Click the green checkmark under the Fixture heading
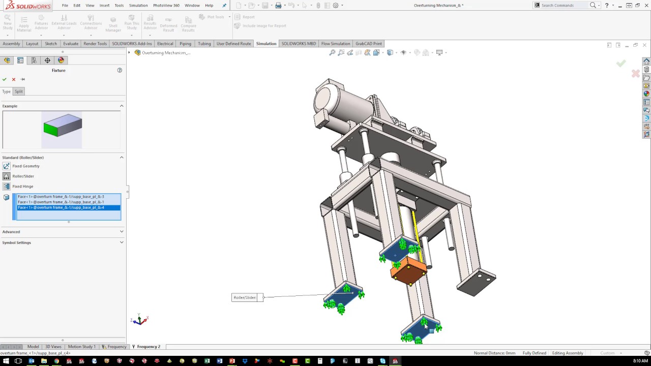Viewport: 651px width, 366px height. click(5, 79)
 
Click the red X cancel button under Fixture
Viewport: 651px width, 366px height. click(14, 79)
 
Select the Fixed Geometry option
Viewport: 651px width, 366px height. click(25, 166)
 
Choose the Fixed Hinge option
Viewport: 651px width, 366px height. click(22, 187)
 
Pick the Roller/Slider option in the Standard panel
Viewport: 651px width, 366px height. click(23, 176)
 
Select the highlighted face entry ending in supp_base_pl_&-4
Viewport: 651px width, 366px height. click(61, 207)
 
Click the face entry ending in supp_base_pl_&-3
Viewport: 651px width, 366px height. click(61, 197)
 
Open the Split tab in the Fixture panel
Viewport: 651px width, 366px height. click(19, 91)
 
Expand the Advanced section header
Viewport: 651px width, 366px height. click(11, 232)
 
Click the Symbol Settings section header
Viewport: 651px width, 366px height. click(16, 242)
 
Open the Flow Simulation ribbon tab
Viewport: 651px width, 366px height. click(336, 44)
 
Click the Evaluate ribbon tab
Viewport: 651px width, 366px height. click(71, 44)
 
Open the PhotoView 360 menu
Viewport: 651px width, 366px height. click(166, 5)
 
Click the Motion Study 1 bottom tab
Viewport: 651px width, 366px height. click(81, 347)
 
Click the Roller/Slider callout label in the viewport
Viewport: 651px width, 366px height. click(246, 297)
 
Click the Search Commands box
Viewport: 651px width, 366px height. click(564, 5)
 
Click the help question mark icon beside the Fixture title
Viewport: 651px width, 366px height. click(120, 70)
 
